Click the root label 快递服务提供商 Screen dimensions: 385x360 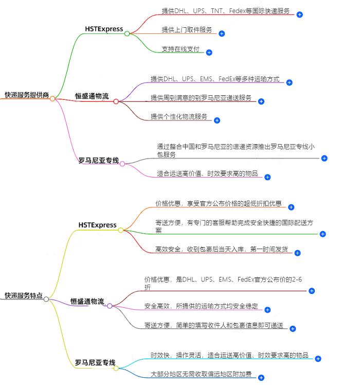(27, 95)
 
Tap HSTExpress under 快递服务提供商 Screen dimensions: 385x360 (104, 29)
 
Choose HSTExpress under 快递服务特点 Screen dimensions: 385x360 (98, 225)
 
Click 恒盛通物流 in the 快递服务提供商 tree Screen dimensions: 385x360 (92, 97)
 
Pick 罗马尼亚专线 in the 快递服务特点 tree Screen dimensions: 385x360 (95, 363)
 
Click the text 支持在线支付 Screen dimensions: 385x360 (180, 49)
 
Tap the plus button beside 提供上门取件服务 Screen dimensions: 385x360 (222, 33)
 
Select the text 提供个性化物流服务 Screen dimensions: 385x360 (179, 117)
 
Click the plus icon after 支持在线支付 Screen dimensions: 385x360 (209, 52)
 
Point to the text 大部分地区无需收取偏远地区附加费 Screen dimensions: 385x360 (201, 374)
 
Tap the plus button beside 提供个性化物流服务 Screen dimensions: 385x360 (217, 120)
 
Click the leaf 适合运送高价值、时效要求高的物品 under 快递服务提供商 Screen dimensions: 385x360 (207, 173)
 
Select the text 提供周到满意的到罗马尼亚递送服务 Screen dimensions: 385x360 (201, 98)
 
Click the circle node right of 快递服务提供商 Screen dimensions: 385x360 (52, 98)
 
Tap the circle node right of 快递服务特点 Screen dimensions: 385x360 (46, 299)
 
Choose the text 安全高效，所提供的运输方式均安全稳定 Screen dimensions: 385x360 (201, 306)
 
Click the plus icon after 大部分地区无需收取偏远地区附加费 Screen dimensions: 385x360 (261, 377)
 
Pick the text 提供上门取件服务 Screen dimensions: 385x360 (187, 30)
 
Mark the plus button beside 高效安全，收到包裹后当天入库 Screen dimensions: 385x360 (297, 253)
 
